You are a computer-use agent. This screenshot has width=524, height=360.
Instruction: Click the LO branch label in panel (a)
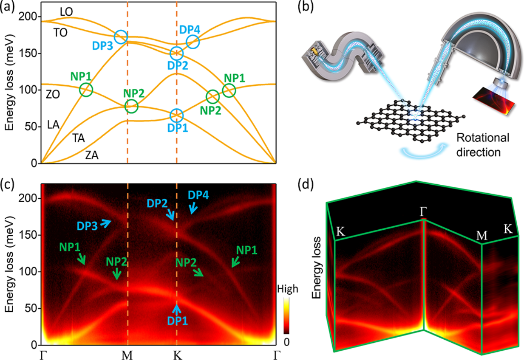67,12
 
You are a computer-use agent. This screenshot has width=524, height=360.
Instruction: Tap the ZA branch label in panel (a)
92,155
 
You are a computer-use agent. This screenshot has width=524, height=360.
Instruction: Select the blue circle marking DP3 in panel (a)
121,37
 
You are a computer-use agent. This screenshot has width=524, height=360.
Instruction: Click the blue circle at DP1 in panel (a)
176,115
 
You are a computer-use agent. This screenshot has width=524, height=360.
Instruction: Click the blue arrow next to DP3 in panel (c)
106,223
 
